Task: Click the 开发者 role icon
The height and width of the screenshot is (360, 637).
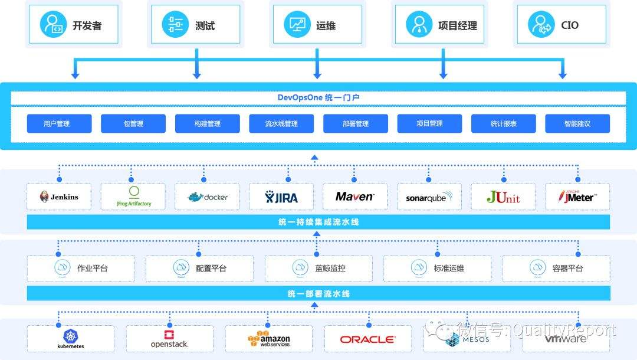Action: coord(53,25)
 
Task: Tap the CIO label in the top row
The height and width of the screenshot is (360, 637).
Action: coord(570,25)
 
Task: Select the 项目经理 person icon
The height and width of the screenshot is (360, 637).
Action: coord(419,25)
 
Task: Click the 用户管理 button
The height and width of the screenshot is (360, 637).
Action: coord(59,123)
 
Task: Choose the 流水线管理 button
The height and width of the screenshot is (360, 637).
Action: coord(281,123)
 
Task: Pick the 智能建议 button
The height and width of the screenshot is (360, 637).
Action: coord(577,123)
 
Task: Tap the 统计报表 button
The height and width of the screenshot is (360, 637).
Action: coord(503,123)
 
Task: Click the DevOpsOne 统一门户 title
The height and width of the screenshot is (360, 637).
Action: coord(318,97)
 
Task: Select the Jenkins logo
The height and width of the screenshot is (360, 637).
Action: coord(59,197)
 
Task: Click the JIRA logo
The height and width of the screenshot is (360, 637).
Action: coord(281,197)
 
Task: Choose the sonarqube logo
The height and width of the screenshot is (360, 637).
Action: coord(429,197)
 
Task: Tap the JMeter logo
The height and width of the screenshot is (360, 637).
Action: coord(577,197)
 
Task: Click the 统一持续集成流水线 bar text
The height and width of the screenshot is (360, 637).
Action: coord(318,222)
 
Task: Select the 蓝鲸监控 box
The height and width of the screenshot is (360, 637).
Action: coord(318,268)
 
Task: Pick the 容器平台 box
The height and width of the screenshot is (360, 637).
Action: coord(556,268)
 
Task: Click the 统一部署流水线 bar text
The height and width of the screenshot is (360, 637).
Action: coord(318,293)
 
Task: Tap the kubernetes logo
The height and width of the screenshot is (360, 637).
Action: coord(70,339)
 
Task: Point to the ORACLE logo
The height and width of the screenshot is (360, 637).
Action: coord(367,339)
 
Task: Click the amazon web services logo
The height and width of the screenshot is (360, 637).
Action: coord(268,339)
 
